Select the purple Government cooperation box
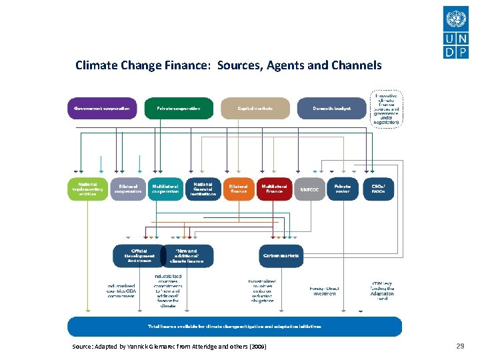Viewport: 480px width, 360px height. [x=101, y=108]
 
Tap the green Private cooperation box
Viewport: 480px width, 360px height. [x=179, y=108]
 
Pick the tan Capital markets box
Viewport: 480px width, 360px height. [x=255, y=108]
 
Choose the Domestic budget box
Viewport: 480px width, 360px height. [x=331, y=108]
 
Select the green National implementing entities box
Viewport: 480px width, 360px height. [x=87, y=189]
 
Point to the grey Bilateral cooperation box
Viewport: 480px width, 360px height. [x=128, y=189]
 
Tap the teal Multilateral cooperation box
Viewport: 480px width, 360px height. [x=165, y=189]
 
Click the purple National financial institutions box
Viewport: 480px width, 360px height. [x=203, y=189]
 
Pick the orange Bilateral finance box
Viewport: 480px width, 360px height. [x=239, y=189]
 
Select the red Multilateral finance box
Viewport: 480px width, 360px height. [x=274, y=189]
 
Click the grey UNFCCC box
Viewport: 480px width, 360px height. [x=310, y=189]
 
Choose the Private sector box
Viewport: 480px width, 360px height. [x=343, y=189]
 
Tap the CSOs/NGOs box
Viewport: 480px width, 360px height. [x=378, y=189]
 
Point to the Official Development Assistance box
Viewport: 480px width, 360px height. [x=139, y=256]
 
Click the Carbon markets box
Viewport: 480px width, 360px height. [x=281, y=255]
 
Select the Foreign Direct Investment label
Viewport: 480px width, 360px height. [x=324, y=291]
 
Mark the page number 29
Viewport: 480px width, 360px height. [x=460, y=346]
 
